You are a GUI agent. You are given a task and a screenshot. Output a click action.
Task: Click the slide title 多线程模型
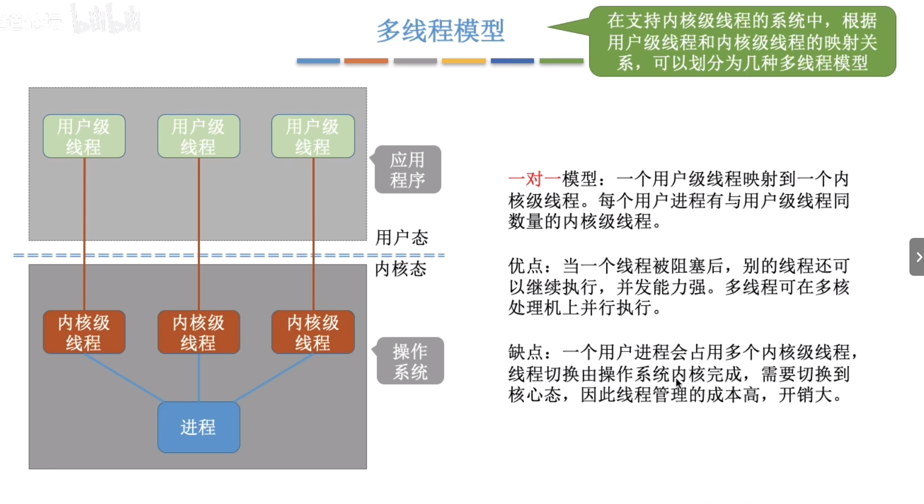click(x=440, y=31)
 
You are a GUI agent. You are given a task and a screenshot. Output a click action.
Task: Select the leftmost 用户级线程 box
click(x=84, y=136)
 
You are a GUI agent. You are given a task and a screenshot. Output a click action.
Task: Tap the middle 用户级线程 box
click(x=199, y=136)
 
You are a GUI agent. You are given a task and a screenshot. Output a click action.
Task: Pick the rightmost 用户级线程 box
click(x=313, y=136)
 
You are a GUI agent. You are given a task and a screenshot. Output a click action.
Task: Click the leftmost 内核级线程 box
click(x=84, y=332)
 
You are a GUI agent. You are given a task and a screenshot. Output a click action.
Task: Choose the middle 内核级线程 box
click(x=199, y=332)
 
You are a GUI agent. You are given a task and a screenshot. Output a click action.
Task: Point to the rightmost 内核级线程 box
click(x=313, y=332)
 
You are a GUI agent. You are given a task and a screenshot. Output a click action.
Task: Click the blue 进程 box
click(x=199, y=427)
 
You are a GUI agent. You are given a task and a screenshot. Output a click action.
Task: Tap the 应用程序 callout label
click(x=408, y=169)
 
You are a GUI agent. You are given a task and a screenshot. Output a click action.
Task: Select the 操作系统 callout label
click(x=410, y=361)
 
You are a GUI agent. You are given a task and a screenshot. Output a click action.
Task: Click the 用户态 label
click(x=402, y=237)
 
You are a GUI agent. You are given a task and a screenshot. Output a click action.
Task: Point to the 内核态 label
click(x=401, y=269)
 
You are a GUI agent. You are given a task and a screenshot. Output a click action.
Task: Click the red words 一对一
click(x=534, y=179)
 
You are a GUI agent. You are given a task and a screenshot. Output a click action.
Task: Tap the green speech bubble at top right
click(x=742, y=42)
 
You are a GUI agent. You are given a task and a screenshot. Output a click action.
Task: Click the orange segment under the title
click(x=366, y=61)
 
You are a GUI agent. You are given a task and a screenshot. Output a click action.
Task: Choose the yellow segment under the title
click(x=463, y=61)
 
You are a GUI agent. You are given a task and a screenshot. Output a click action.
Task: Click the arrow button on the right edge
click(x=917, y=257)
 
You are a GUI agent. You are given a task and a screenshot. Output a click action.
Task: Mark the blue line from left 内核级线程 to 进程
click(x=123, y=378)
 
